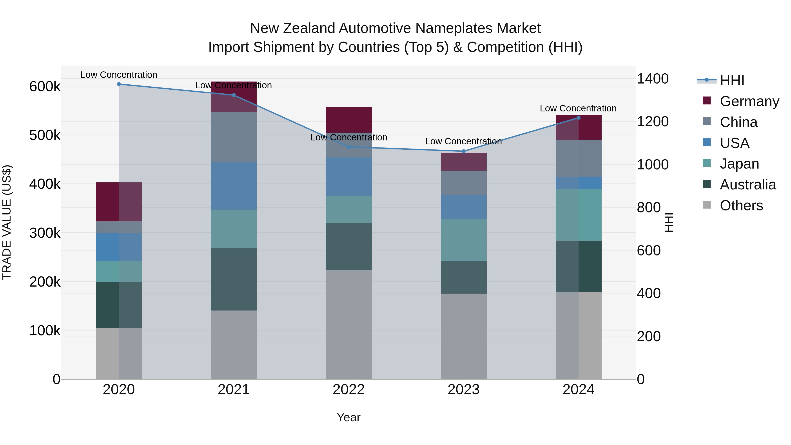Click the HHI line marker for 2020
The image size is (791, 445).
coord(119,84)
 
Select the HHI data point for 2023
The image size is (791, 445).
coord(464,151)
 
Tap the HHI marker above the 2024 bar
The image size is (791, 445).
coord(579,118)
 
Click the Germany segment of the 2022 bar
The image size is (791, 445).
coord(348,120)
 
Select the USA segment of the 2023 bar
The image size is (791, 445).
coord(464,207)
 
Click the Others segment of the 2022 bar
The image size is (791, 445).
coord(348,324)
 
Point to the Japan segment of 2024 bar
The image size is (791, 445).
coord(579,215)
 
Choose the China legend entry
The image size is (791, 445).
coord(738,122)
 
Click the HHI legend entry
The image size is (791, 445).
coord(732,80)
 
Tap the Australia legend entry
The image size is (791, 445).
coord(747,185)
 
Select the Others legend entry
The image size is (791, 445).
coord(741,205)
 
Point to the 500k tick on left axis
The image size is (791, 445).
coord(45,135)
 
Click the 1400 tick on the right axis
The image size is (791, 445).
coord(653,79)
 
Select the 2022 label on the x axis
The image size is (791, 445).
coord(348,389)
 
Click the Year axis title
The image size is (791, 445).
coord(348,417)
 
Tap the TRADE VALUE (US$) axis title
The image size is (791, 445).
coord(7,222)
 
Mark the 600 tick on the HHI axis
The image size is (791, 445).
coord(649,251)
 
